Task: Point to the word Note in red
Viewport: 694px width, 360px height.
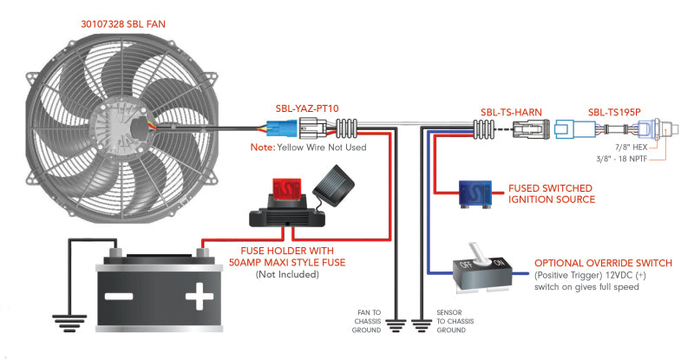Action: point(263,147)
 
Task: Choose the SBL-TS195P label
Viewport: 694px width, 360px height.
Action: point(614,112)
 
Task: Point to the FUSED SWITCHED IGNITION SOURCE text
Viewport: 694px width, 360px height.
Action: point(552,193)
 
